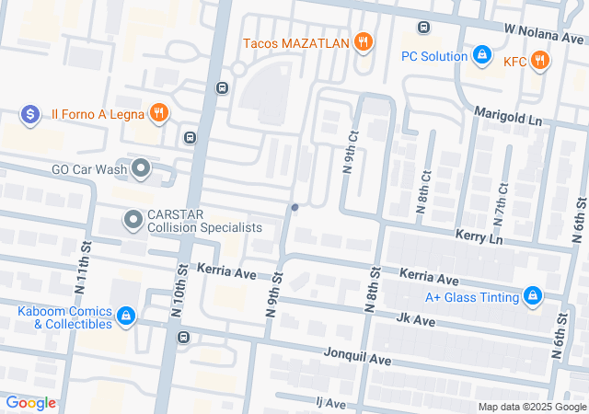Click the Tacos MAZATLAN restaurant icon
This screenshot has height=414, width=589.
point(364,41)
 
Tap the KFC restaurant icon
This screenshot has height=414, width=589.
point(539,61)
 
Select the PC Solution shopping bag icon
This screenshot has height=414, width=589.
point(480,56)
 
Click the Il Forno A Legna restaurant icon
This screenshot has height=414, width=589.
point(159,113)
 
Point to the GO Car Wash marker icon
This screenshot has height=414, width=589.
point(141,168)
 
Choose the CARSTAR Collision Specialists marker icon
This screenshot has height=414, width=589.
point(133,220)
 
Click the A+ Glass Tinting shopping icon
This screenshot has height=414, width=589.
point(532,296)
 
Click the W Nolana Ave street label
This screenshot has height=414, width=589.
point(542,33)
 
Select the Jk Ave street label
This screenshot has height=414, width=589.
point(414,319)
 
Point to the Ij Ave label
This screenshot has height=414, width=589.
point(329,403)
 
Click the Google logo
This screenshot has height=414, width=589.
point(30,402)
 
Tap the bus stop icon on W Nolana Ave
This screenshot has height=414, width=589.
point(423,28)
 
